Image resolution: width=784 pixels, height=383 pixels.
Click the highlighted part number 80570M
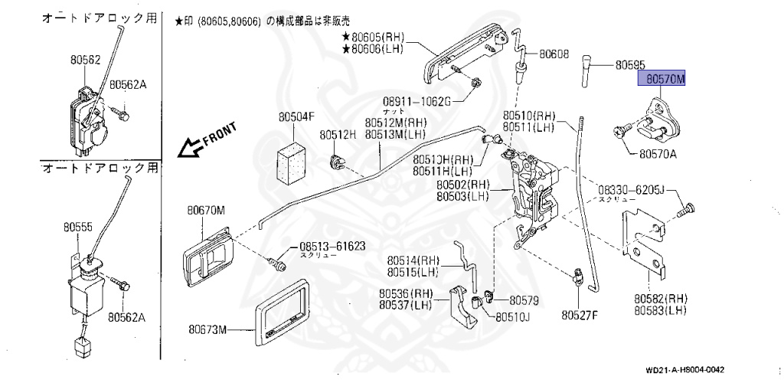pyautogui.click(x=664, y=78)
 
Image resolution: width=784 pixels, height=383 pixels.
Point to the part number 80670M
pyautogui.click(x=207, y=210)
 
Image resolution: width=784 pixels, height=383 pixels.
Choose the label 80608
pyautogui.click(x=554, y=54)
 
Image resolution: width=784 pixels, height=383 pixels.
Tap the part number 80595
pyautogui.click(x=629, y=66)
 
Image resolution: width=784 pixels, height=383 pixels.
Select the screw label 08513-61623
pyautogui.click(x=332, y=247)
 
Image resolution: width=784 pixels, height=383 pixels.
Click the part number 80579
pyautogui.click(x=525, y=300)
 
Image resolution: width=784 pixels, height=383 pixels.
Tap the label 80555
pyautogui.click(x=78, y=228)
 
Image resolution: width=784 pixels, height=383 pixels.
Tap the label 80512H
pyautogui.click(x=338, y=135)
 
